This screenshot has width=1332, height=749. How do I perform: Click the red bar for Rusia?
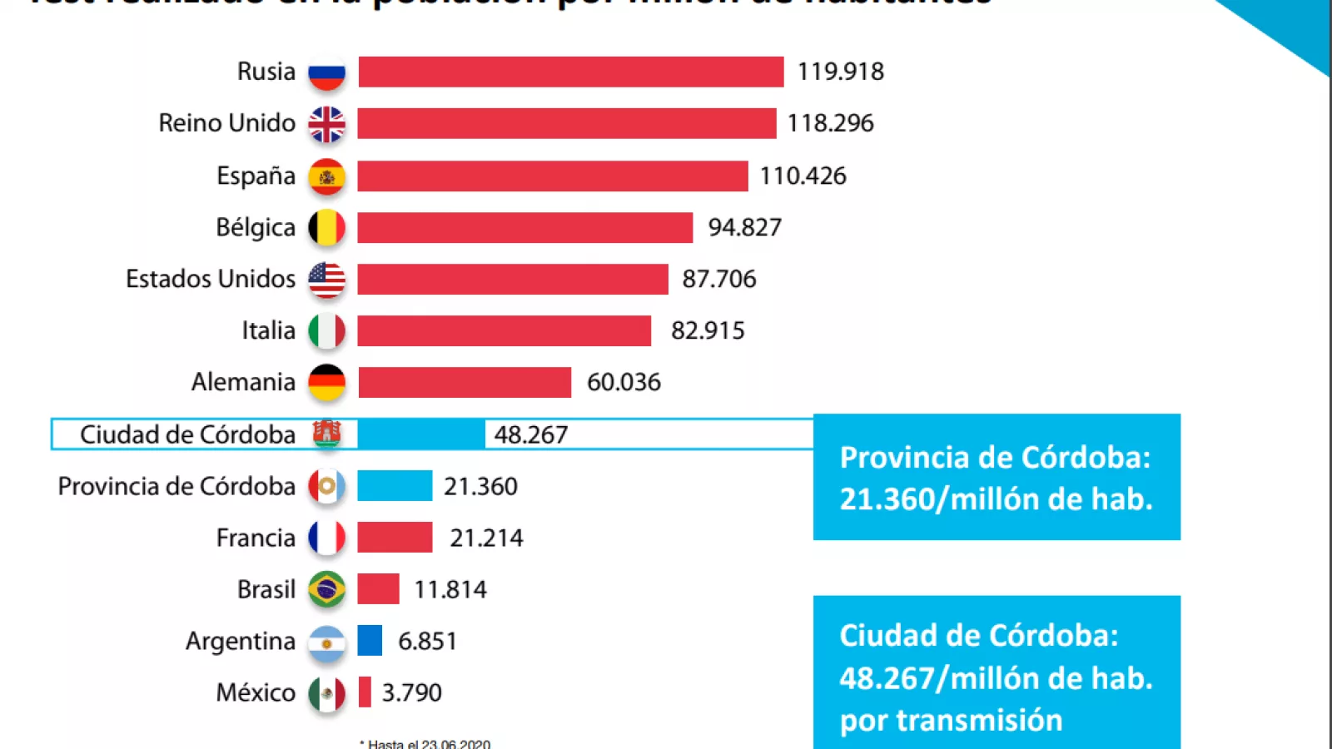(x=571, y=72)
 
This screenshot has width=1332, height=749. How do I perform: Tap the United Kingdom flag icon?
(x=326, y=125)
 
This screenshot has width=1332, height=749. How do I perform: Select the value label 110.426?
(x=803, y=176)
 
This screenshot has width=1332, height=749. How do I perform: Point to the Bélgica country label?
(x=256, y=227)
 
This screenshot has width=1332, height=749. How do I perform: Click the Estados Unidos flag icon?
(x=326, y=280)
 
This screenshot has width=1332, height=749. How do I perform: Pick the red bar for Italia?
(x=504, y=330)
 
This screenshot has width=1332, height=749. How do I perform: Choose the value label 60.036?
(x=624, y=382)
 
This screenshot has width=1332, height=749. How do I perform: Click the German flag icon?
(x=326, y=383)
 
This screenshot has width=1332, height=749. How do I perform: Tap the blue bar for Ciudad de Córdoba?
(x=421, y=434)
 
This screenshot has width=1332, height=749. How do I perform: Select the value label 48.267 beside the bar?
(x=531, y=434)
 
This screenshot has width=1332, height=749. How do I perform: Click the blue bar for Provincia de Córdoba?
(x=395, y=486)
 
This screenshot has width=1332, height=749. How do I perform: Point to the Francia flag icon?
(x=326, y=538)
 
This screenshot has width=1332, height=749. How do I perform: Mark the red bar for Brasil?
(x=379, y=589)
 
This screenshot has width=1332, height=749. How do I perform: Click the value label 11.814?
(x=450, y=589)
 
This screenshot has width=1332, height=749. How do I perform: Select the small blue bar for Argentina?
(x=370, y=641)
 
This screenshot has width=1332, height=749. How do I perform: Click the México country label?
(x=256, y=692)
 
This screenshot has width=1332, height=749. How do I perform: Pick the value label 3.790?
(x=411, y=692)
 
